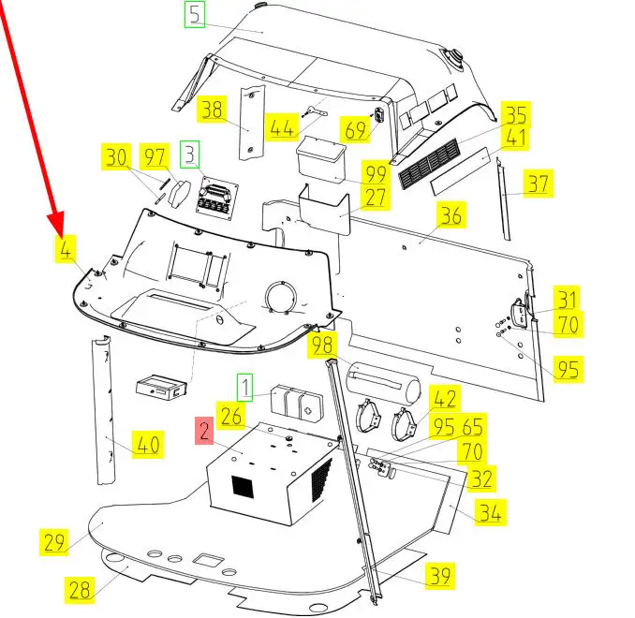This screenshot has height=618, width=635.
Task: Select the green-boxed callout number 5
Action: coord(194,15)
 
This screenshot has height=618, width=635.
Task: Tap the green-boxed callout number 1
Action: coord(244,385)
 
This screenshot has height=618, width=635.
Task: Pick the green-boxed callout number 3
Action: coord(190,152)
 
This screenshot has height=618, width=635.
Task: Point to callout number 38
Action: coord(212,110)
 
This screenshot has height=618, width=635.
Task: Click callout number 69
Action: coord(356,130)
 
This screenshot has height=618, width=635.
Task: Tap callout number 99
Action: coord(376,174)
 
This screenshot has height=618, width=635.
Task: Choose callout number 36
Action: coord(450,216)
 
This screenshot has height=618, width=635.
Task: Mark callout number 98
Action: coord(323,346)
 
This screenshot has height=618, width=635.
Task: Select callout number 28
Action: coord(80,589)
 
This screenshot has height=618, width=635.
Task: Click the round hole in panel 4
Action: coord(281,298)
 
